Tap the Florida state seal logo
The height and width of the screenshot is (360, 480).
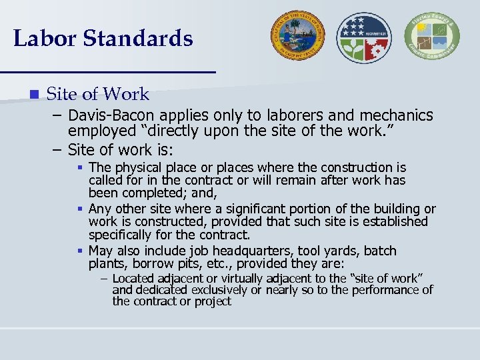tap(297, 36)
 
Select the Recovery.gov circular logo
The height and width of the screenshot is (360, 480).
tap(365, 37)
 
